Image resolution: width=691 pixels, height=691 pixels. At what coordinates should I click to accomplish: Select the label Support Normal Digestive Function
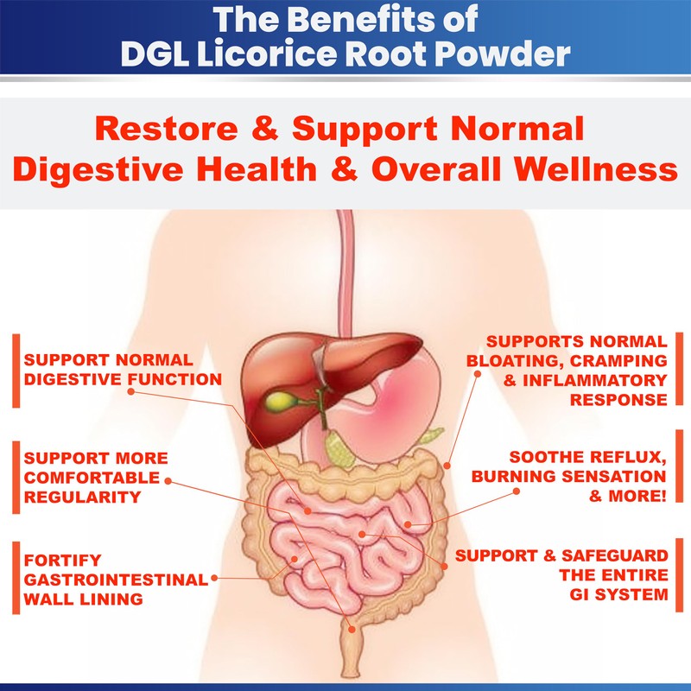(123, 368)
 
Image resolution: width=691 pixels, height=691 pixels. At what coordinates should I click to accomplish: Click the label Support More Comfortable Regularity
(96, 476)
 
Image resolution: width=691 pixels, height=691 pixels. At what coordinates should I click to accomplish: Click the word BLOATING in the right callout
(511, 360)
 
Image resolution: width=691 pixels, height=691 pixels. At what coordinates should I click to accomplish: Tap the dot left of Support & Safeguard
(446, 562)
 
